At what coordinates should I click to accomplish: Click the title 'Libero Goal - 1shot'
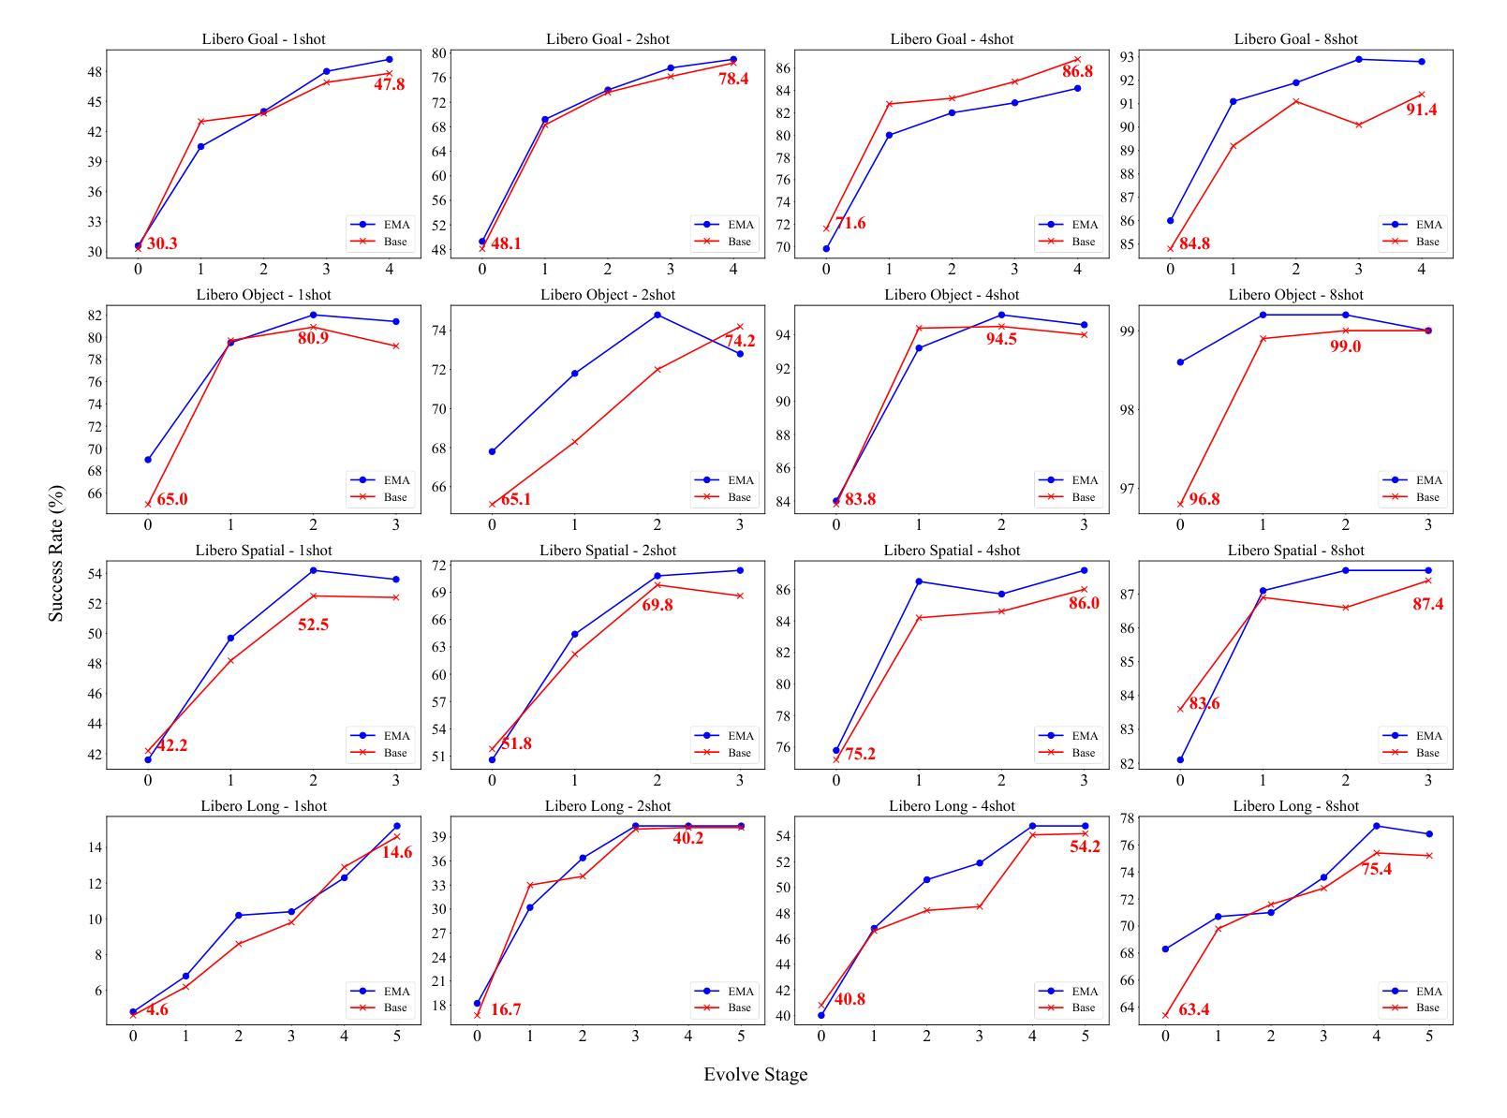[263, 39]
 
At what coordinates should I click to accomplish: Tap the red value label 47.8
[389, 85]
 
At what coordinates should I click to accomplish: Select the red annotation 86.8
[1077, 72]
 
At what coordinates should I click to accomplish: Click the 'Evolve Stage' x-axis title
[755, 1075]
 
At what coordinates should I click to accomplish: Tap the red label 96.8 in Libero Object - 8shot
[1204, 500]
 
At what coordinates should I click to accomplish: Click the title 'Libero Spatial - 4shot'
[952, 551]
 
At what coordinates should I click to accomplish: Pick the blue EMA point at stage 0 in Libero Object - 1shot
[148, 460]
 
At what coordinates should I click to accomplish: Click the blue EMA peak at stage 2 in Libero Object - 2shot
[657, 315]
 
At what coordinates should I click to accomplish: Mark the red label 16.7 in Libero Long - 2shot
[506, 1010]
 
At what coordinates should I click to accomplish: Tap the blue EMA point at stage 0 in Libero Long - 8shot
[1165, 949]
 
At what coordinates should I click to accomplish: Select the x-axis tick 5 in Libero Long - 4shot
[1086, 1037]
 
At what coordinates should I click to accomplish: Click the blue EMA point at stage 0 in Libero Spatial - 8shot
[1180, 759]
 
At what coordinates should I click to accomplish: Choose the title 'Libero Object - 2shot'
[607, 295]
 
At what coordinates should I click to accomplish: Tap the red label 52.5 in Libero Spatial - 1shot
[313, 625]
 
